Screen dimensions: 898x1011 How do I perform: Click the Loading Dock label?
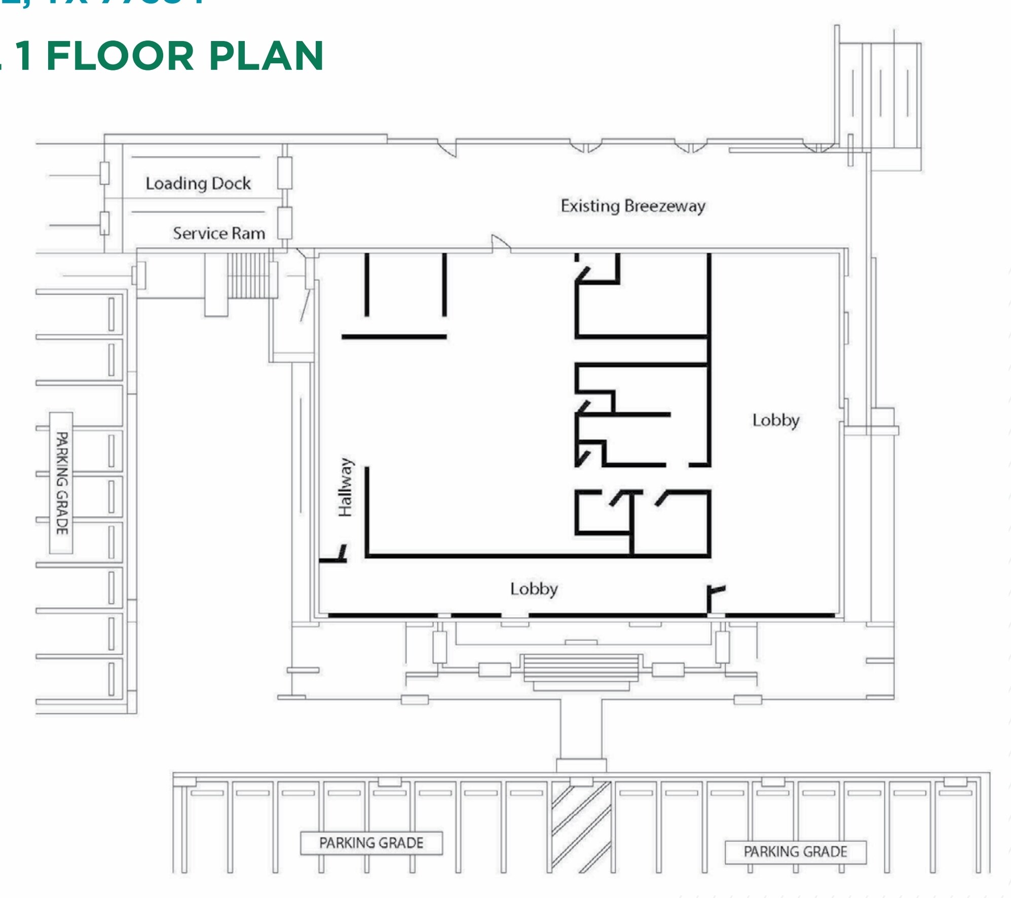pyautogui.click(x=198, y=183)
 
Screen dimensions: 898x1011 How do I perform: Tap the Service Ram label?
pyautogui.click(x=219, y=233)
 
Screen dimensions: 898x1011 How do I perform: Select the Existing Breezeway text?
pyautogui.click(x=633, y=206)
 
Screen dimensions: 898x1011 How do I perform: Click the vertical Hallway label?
pyautogui.click(x=346, y=487)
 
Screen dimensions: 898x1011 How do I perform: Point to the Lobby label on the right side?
pyautogui.click(x=776, y=420)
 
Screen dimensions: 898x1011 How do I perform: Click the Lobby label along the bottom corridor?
pyautogui.click(x=534, y=589)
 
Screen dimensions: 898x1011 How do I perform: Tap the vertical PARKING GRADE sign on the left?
pyautogui.click(x=61, y=483)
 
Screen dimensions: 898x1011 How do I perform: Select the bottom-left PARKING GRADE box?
pyautogui.click(x=371, y=843)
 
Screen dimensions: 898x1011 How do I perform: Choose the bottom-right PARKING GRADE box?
pyautogui.click(x=795, y=851)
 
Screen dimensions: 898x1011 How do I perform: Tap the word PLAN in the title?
pyautogui.click(x=266, y=56)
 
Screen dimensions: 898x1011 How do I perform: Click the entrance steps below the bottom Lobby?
pyautogui.click(x=581, y=668)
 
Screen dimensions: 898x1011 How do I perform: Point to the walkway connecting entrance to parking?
pyautogui.click(x=581, y=729)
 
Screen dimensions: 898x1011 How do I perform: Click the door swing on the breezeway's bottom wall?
pyautogui.click(x=500, y=244)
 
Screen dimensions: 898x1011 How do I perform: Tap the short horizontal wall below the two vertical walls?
pyautogui.click(x=394, y=336)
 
